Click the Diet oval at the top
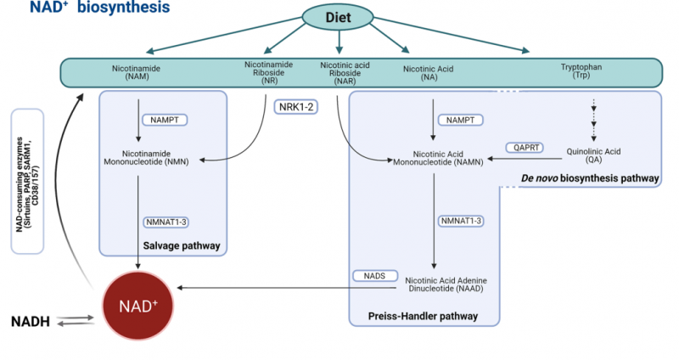(339, 17)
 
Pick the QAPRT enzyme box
(524, 146)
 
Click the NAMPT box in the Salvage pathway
(163, 121)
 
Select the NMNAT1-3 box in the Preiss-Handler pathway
(462, 222)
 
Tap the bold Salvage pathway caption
(183, 246)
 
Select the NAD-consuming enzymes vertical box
(26, 181)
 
